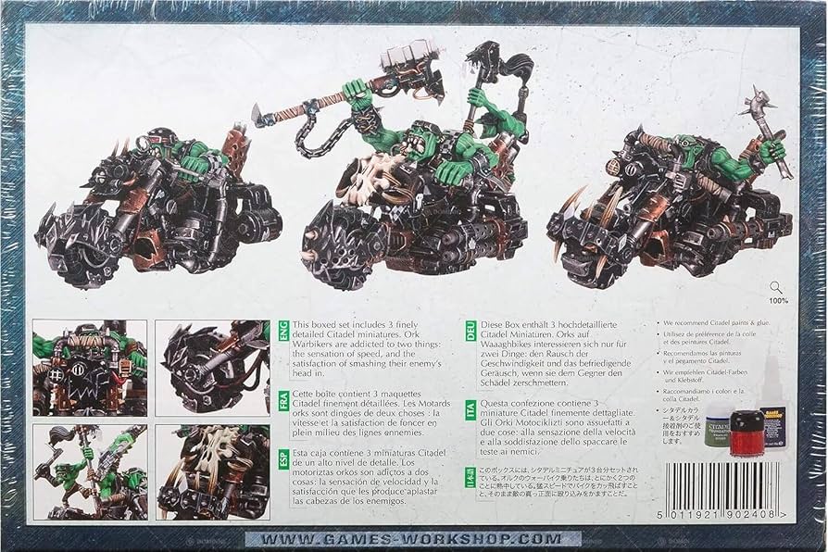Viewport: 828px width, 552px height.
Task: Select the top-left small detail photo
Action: coord(91,366)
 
